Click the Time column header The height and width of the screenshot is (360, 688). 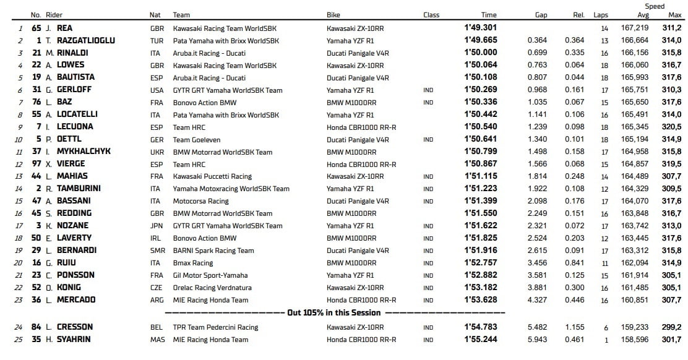click(488, 15)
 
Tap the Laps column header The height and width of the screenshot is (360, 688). click(601, 15)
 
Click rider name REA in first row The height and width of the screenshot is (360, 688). click(65, 28)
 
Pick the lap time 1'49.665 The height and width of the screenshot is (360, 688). click(480, 40)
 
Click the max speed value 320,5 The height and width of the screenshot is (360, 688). click(671, 127)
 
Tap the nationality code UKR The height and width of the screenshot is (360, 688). click(157, 152)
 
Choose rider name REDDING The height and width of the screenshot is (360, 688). click(74, 213)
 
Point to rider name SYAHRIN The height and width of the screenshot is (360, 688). click(74, 340)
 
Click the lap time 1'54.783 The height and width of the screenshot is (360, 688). click(480, 327)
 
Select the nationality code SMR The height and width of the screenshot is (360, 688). click(157, 251)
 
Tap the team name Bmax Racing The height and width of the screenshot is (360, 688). click(193, 263)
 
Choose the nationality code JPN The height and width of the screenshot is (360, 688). click(157, 226)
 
